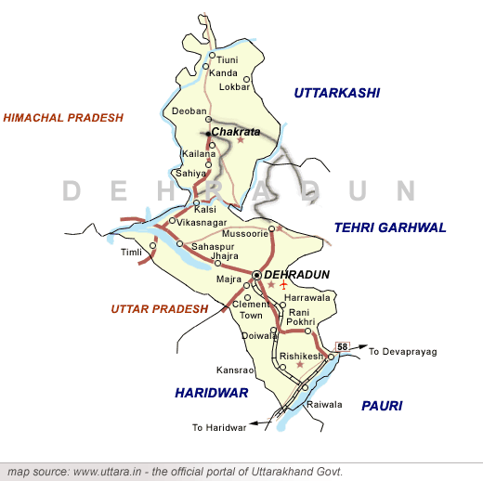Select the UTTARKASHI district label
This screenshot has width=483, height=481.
coord(337,92)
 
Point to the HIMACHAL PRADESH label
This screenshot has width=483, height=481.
coord(63,118)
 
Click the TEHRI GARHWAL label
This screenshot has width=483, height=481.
coord(390,227)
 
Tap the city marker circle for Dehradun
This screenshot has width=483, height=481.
coord(256,276)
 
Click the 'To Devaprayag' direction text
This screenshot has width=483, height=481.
coord(402,352)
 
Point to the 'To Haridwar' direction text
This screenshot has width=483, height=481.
coord(219,428)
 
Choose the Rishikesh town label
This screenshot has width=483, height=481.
coord(300,357)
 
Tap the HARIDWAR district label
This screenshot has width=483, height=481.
coord(211,393)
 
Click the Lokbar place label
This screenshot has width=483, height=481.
coord(234,87)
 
